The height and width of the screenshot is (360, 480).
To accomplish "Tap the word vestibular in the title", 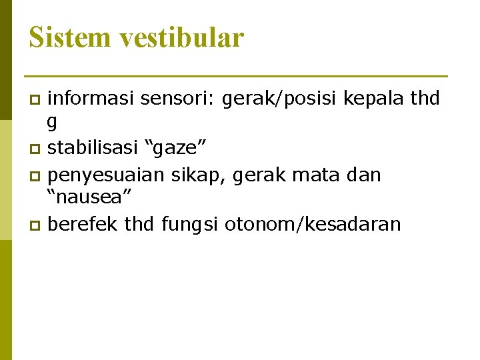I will pos(182,37).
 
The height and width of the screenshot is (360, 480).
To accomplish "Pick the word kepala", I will pos(373,99).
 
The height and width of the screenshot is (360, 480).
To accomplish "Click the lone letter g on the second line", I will pos(52,121).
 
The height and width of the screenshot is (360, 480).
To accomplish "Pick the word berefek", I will pos(84,224).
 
